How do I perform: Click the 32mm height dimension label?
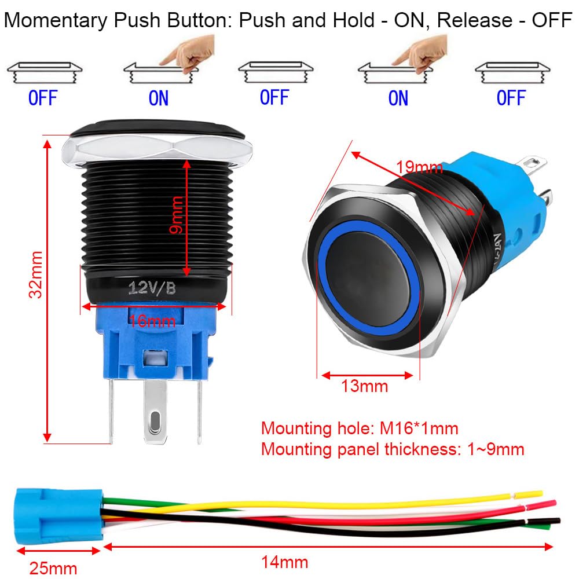tap(36, 274)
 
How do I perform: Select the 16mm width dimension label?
tap(152, 320)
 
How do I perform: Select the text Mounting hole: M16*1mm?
tap(359, 428)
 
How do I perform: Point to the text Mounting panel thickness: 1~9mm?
tap(392, 449)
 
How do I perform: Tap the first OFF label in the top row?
tap(43, 98)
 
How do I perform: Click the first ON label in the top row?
tap(158, 98)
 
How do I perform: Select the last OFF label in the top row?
tap(511, 98)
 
